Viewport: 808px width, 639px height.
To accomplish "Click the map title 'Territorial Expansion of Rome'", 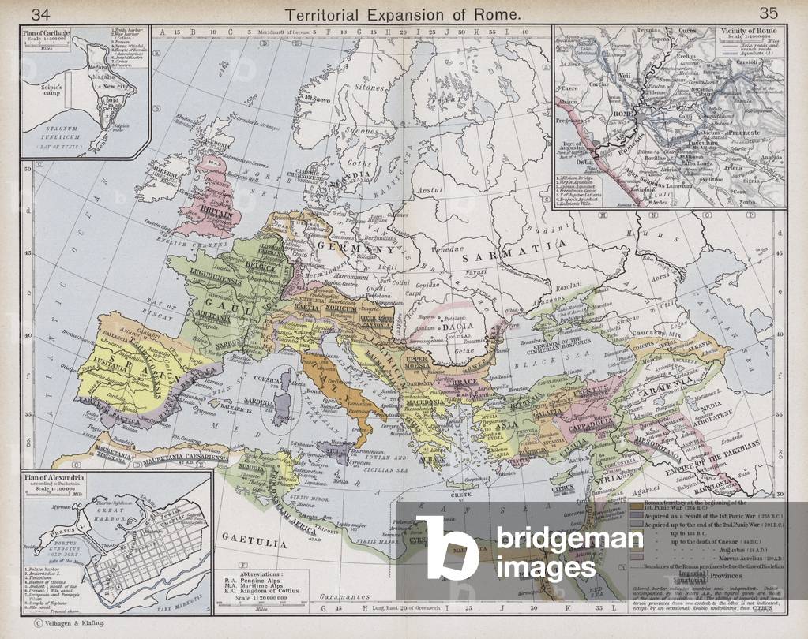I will pyautogui.click(x=404, y=13).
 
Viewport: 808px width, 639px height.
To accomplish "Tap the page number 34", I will pyautogui.click(x=40, y=13).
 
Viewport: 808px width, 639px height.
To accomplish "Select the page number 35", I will pyautogui.click(x=768, y=13).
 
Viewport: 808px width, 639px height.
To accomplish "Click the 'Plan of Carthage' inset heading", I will pyautogui.click(x=45, y=32).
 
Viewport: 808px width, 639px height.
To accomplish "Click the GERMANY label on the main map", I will pyautogui.click(x=355, y=248).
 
